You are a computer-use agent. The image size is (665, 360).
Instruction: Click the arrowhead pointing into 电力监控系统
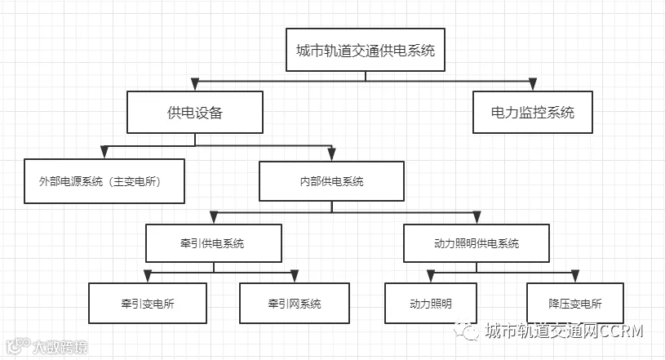533,84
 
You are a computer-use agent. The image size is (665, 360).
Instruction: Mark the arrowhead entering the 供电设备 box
195,84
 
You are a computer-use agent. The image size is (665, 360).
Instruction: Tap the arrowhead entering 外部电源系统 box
104,152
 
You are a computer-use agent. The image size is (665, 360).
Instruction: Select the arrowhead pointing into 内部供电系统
331,154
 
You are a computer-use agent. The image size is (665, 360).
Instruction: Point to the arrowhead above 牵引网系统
295,276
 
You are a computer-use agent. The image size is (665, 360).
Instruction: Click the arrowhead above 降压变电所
575,276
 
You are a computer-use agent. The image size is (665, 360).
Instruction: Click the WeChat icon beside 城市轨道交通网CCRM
467,331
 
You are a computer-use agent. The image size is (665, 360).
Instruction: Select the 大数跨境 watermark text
60,347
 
